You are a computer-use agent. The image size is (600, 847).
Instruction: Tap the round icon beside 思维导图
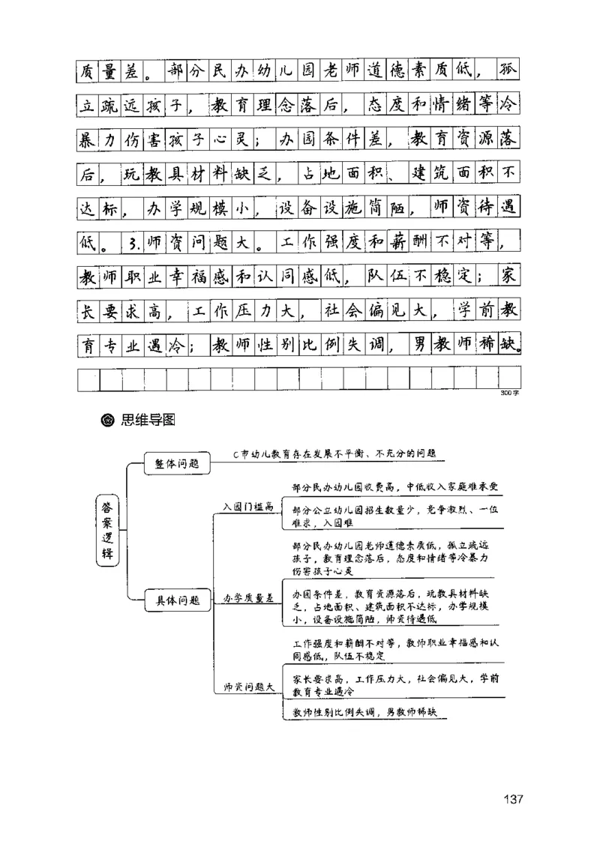pyautogui.click(x=106, y=420)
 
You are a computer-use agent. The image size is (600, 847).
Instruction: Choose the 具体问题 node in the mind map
pyautogui.click(x=177, y=599)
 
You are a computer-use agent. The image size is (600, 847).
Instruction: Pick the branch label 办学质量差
pyautogui.click(x=248, y=599)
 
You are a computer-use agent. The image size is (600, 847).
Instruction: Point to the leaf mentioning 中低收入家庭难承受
pyautogui.click(x=394, y=486)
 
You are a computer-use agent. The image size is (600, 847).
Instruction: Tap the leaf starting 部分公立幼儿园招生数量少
pyautogui.click(x=394, y=516)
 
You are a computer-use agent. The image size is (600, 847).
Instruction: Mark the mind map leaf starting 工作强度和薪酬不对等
pyautogui.click(x=394, y=648)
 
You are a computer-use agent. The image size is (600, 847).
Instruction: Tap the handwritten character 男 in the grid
pyautogui.click(x=420, y=345)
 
